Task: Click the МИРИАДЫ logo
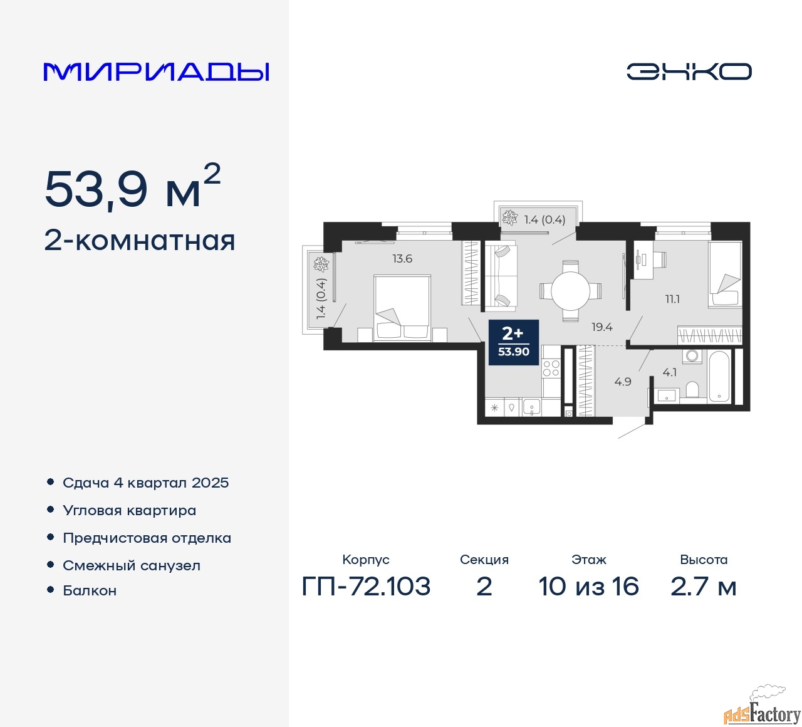[156, 72]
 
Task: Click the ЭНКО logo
[689, 71]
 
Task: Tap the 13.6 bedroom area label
[402, 259]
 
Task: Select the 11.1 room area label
[672, 299]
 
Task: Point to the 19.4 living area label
[602, 327]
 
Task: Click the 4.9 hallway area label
[623, 382]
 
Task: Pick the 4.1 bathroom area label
[670, 372]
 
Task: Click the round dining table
[571, 291]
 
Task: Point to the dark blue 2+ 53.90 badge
[514, 342]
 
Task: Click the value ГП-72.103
[366, 586]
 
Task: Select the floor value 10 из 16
[588, 586]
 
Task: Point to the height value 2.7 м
[703, 586]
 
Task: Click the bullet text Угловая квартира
[130, 511]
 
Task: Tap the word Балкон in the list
[90, 590]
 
